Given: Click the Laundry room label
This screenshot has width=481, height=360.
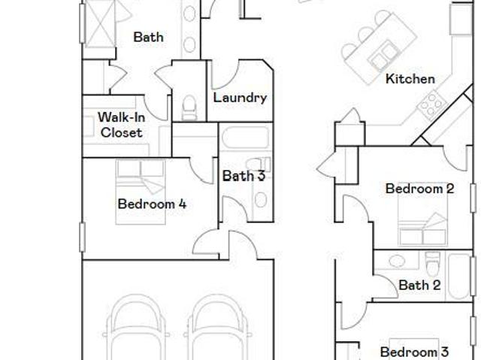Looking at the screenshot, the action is [x=240, y=98].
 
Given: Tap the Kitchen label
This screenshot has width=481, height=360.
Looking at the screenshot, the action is [x=410, y=79].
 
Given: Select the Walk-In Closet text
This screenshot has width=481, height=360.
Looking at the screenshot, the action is [x=121, y=125].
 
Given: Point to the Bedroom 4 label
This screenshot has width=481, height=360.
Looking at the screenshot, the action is [x=152, y=204].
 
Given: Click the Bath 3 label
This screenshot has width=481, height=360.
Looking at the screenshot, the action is [x=244, y=176].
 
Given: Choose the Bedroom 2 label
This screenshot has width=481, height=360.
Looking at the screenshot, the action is [x=419, y=189].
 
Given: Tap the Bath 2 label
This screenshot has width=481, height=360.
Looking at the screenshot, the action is [x=419, y=285].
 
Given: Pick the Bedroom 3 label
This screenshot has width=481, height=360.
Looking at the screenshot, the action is [x=414, y=352].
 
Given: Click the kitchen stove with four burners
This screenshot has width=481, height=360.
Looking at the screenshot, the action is [x=431, y=104].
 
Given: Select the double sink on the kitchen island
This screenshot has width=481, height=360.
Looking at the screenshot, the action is [x=383, y=55].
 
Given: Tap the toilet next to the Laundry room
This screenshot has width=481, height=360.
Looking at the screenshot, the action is [x=189, y=107].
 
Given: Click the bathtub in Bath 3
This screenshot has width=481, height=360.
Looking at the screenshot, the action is [x=246, y=138].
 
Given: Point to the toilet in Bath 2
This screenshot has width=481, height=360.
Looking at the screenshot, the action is [x=433, y=264].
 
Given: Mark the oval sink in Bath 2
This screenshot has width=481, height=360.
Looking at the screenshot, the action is [x=397, y=261].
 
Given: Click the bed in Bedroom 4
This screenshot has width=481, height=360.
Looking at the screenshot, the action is [x=141, y=192].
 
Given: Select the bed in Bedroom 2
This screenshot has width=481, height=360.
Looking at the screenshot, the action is [x=422, y=218].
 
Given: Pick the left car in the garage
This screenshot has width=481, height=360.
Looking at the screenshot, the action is [x=137, y=328].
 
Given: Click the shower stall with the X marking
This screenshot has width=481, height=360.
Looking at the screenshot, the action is [x=100, y=23].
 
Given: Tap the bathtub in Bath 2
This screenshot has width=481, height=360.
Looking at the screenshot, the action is [x=459, y=276].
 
